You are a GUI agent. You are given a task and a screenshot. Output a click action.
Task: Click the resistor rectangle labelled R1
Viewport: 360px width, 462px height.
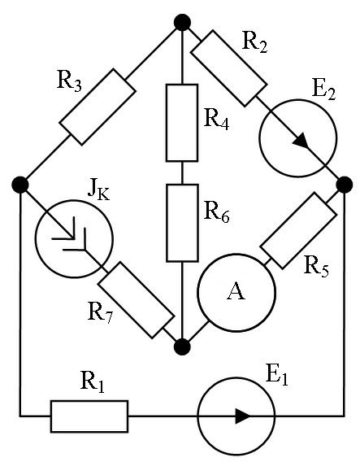[x=89, y=416]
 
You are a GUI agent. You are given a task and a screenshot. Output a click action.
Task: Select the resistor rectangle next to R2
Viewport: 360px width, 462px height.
[x=228, y=68]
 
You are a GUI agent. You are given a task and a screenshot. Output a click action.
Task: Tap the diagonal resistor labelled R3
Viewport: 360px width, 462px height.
[x=98, y=107]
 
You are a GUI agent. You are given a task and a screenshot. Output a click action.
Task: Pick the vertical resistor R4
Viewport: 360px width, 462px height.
[x=182, y=123]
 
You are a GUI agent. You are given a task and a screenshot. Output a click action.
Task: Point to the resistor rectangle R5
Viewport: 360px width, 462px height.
[x=298, y=231]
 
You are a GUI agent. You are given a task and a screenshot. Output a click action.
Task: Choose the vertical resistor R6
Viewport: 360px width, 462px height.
[x=182, y=223]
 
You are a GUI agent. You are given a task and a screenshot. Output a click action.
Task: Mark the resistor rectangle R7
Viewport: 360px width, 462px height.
[x=136, y=300]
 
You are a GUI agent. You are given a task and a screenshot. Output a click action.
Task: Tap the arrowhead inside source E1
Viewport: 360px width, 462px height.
[x=243, y=416]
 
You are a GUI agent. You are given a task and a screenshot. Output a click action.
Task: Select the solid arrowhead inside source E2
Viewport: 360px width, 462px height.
[x=301, y=141]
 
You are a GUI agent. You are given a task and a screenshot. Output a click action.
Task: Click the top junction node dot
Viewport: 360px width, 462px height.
[x=182, y=23]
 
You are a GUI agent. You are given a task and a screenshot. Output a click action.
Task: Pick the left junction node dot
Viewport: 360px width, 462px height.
[x=20, y=185]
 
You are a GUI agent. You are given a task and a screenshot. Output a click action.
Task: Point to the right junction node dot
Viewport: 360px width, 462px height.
[x=344, y=185]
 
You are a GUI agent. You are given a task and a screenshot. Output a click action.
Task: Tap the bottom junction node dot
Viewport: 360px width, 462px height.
[x=182, y=346]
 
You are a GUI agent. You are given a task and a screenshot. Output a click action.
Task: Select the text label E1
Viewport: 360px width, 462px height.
[x=276, y=376]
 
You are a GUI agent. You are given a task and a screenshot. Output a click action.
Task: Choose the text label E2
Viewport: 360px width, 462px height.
[x=323, y=90]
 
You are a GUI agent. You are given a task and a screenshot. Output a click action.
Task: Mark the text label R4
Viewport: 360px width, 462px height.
[x=216, y=120]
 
